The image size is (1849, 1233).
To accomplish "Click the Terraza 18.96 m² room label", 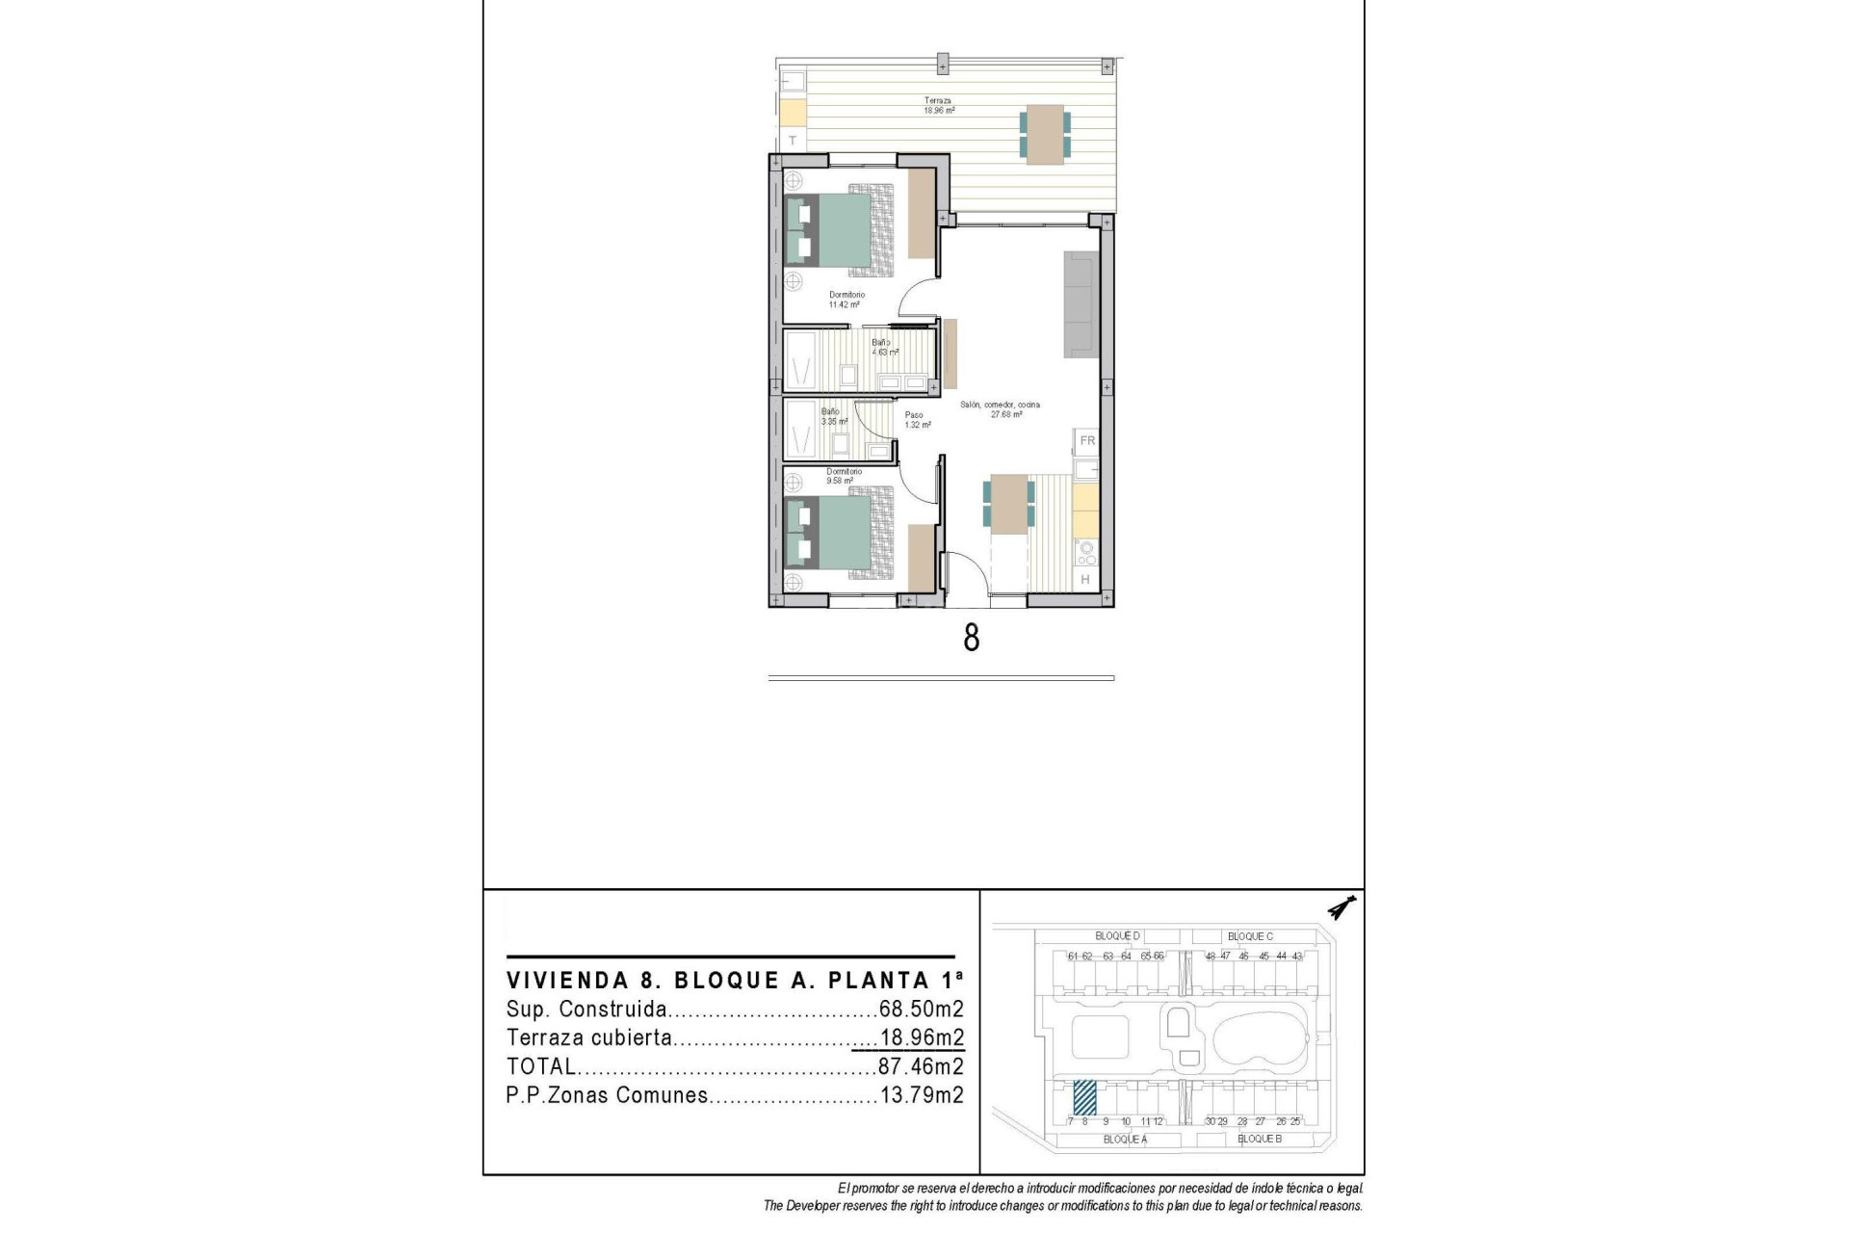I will pos(939,105).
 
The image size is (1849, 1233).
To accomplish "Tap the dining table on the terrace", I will pos(1045,134).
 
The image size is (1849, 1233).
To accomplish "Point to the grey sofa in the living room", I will pos(1081,304).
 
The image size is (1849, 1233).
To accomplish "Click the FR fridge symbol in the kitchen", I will pos(1087,441).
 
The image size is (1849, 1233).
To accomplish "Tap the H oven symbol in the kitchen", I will pos(1085,580).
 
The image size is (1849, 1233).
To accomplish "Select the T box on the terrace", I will pos(793,141).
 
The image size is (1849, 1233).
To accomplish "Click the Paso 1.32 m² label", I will pos(917,420).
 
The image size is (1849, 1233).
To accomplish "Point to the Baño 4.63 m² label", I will pos(884,347).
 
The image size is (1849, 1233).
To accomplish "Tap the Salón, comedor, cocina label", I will pos(1001,409).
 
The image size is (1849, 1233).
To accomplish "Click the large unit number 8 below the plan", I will pos(972,638).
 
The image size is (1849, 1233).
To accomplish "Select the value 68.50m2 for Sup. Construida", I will pos(921,1010).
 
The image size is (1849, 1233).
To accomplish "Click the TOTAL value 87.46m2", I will pos(921,1066).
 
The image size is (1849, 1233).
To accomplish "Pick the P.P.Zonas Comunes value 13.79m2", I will pos(921,1095).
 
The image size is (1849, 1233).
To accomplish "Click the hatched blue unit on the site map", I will pos(1085,1096).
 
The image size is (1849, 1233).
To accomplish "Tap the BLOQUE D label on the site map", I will pos(1117,936).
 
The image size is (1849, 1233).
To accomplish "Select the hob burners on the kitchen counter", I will pos(1086,553).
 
